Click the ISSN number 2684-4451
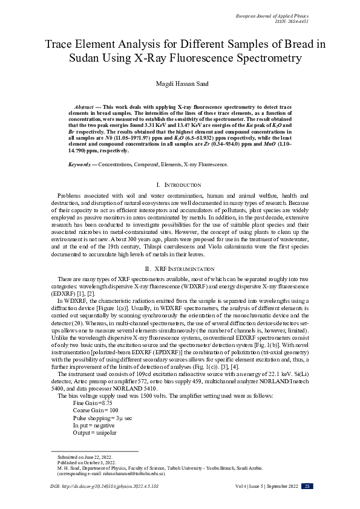pyautogui.click(x=296, y=21)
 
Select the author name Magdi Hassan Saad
pyautogui.click(x=180, y=85)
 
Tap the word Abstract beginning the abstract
pyautogui.click(x=83, y=105)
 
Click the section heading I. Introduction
pyautogui.click(x=180, y=184)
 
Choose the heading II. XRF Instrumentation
pyautogui.click(x=180, y=268)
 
